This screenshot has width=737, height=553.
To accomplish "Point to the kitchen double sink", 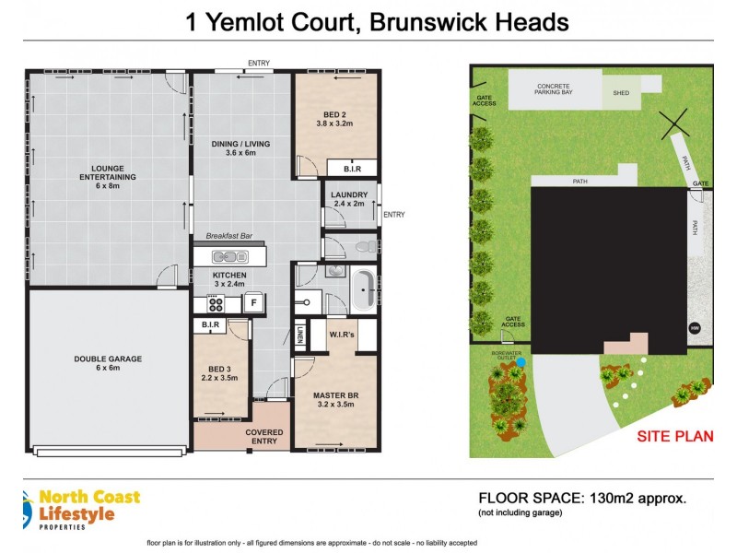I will pyautogui.click(x=227, y=257).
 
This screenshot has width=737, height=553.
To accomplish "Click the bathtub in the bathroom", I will pyautogui.click(x=367, y=290).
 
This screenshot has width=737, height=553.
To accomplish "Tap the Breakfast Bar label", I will pyautogui.click(x=228, y=236).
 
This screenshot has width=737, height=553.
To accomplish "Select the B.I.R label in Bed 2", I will pyautogui.click(x=352, y=169).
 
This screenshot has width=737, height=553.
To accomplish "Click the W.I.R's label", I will pyautogui.click(x=343, y=335).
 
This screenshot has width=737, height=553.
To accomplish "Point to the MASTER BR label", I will pyautogui.click(x=334, y=396).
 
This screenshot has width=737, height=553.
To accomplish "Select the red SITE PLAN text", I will pyautogui.click(x=673, y=436).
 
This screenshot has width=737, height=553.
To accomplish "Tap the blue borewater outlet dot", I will pyautogui.click(x=522, y=362).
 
